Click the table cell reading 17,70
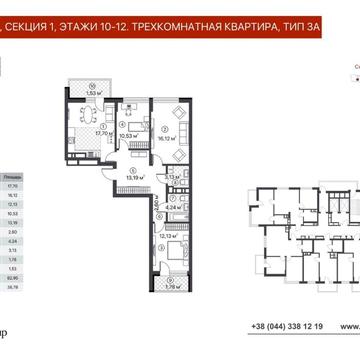click(x=11, y=184)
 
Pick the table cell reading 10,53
click(x=11, y=212)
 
